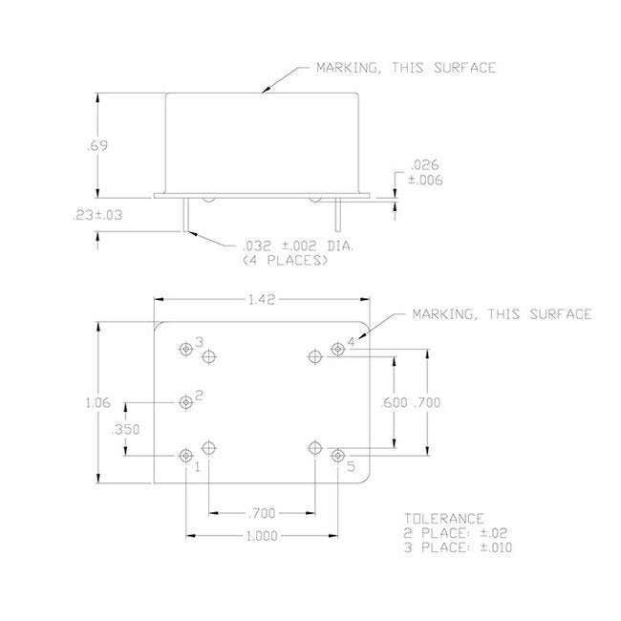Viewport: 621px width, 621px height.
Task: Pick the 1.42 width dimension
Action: coord(261,299)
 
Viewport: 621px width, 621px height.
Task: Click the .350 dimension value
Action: coord(125,430)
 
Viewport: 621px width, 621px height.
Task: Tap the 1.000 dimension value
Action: coord(261,536)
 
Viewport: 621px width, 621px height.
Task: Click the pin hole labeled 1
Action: coord(185,457)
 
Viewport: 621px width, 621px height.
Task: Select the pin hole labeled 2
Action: coord(185,402)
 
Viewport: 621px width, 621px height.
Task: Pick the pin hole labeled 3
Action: coord(185,349)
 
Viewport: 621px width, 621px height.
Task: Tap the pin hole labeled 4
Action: coord(337,349)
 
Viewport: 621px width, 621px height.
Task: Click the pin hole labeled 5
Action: coord(337,457)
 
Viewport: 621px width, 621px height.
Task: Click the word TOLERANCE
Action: coord(437,519)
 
